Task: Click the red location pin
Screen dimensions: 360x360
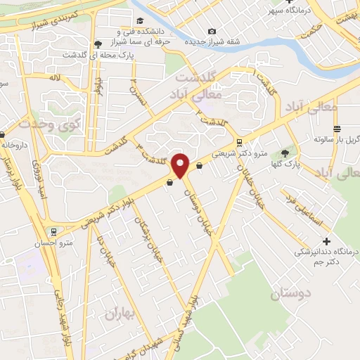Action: [x=180, y=165]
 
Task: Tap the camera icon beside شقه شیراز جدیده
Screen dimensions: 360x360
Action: [x=212, y=31]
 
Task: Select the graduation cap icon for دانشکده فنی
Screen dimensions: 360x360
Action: [x=140, y=21]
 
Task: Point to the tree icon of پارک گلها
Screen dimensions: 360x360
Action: [x=285, y=153]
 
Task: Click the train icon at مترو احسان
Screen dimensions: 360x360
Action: [x=53, y=231]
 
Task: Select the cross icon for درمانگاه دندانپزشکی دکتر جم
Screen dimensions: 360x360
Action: [x=326, y=241]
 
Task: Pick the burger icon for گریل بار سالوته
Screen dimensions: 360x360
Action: [x=337, y=129]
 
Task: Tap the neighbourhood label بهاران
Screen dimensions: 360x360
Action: [x=119, y=314]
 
